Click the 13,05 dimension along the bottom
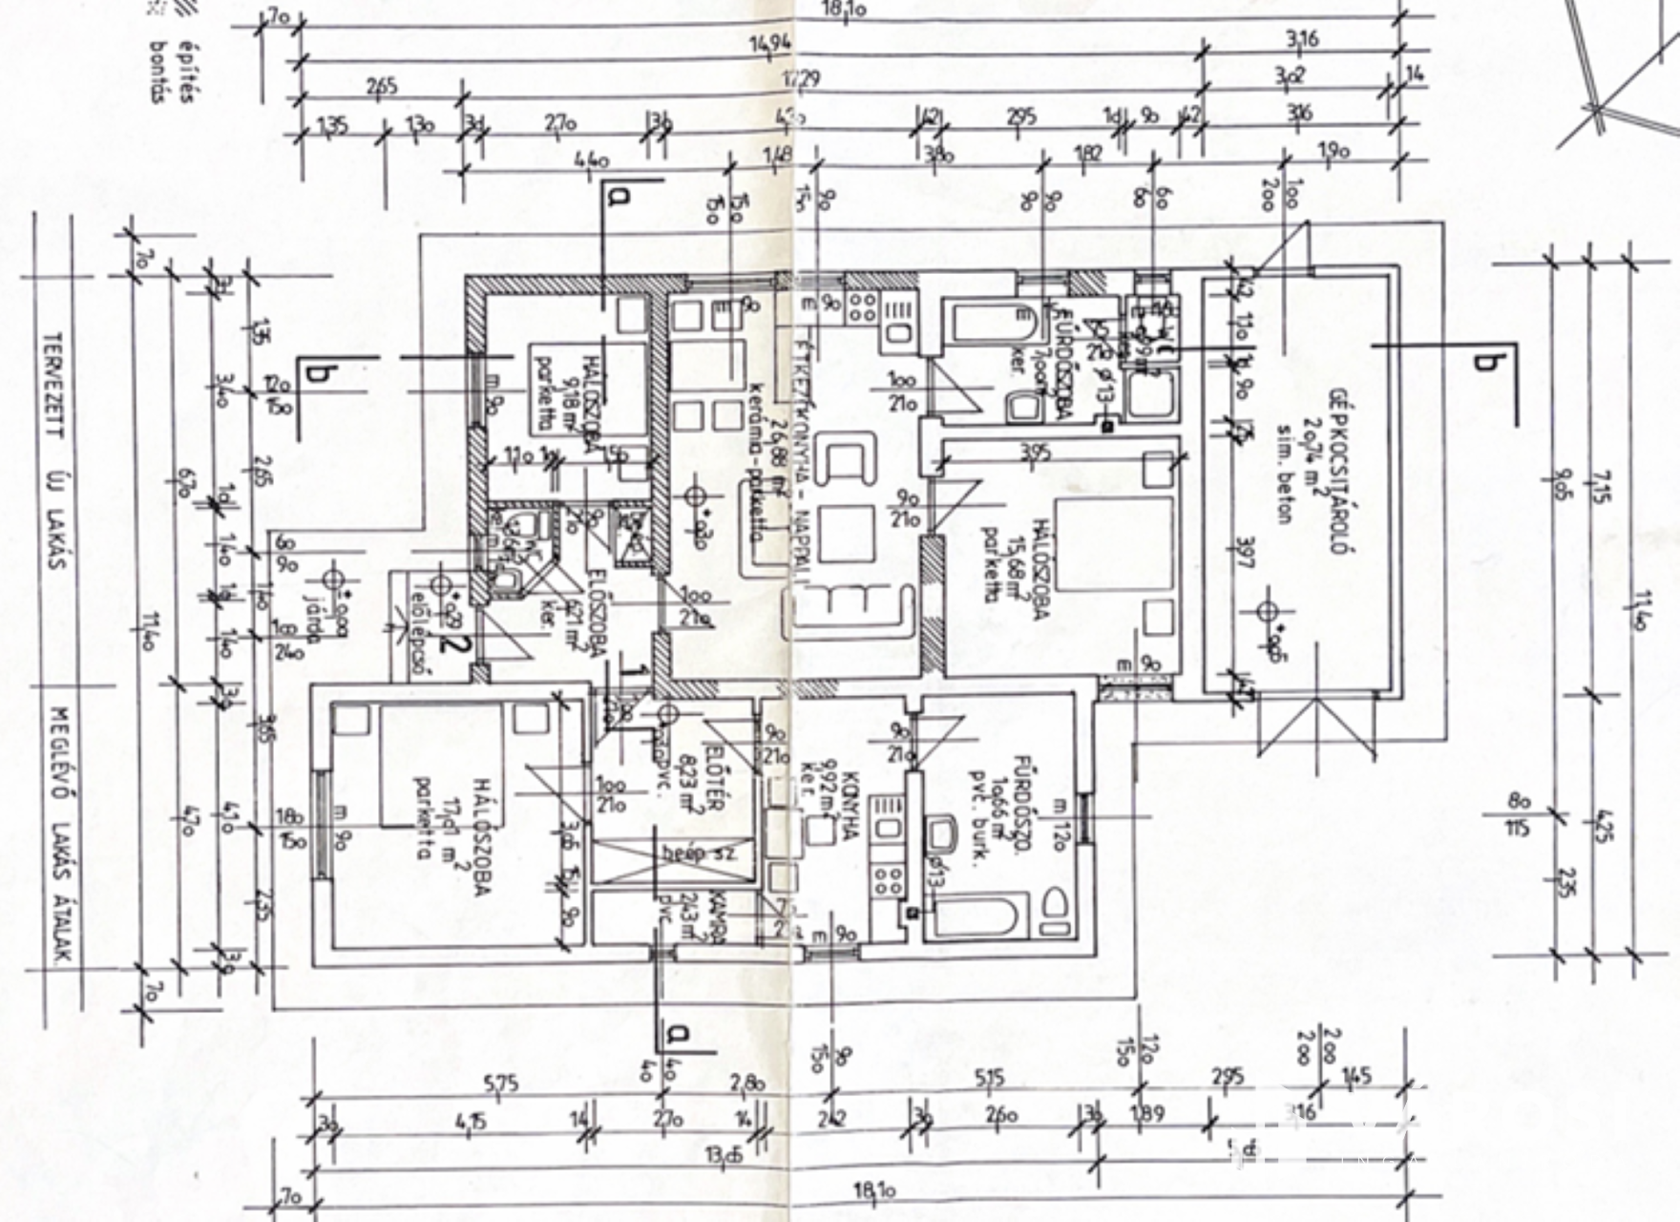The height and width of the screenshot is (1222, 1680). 724,1157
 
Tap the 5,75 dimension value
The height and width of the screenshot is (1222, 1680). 500,1084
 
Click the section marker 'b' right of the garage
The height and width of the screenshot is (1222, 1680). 1483,361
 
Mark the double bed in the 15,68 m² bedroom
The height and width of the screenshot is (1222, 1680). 1113,544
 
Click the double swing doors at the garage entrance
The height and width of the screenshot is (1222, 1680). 1315,726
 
